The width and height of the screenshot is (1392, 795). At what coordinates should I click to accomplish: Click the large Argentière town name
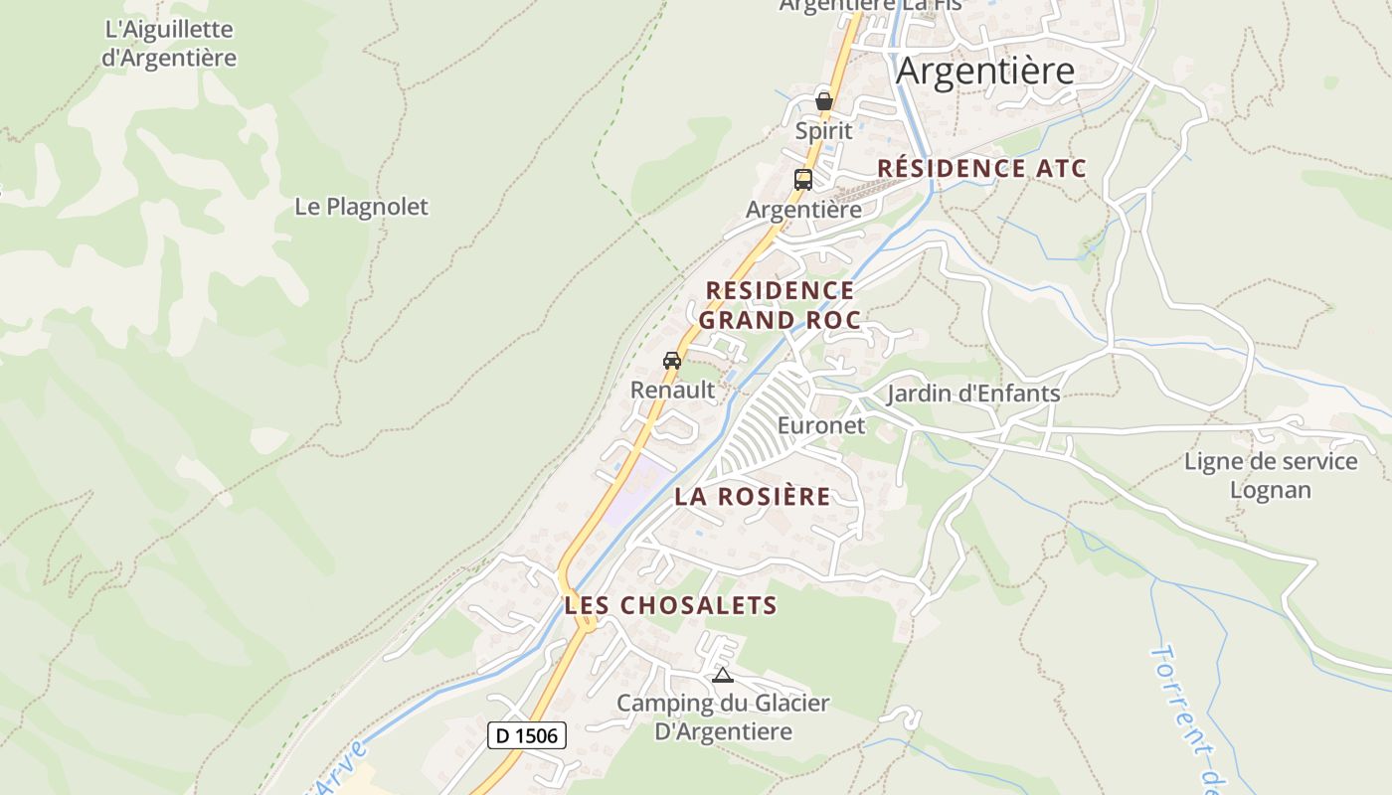(985, 72)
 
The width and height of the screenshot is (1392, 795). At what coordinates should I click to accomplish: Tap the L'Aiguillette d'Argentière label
(169, 44)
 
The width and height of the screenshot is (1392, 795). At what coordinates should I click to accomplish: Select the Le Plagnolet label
(361, 207)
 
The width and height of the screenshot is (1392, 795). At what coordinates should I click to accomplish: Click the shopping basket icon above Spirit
(823, 99)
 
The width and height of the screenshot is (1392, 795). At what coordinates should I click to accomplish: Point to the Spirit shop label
(823, 130)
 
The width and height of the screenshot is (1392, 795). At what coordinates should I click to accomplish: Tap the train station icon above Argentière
(803, 180)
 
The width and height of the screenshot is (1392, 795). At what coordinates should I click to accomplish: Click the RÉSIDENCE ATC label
(981, 168)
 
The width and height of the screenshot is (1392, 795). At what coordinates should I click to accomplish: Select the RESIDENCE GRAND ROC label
(780, 305)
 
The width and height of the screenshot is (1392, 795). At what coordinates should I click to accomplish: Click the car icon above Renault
(672, 360)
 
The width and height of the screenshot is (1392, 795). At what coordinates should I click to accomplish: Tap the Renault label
(673, 390)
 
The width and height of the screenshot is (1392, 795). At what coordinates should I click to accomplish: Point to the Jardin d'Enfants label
(973, 394)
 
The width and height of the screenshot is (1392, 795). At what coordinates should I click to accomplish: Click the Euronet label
(821, 425)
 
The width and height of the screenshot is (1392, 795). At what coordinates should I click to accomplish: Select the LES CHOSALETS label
(670, 604)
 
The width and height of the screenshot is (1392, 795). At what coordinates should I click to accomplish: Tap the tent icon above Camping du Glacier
(723, 676)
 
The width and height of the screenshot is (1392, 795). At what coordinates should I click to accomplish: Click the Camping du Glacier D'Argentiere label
(723, 717)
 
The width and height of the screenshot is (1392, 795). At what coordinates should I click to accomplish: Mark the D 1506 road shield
(528, 735)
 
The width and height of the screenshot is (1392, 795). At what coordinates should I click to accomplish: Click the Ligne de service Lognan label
(1270, 475)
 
